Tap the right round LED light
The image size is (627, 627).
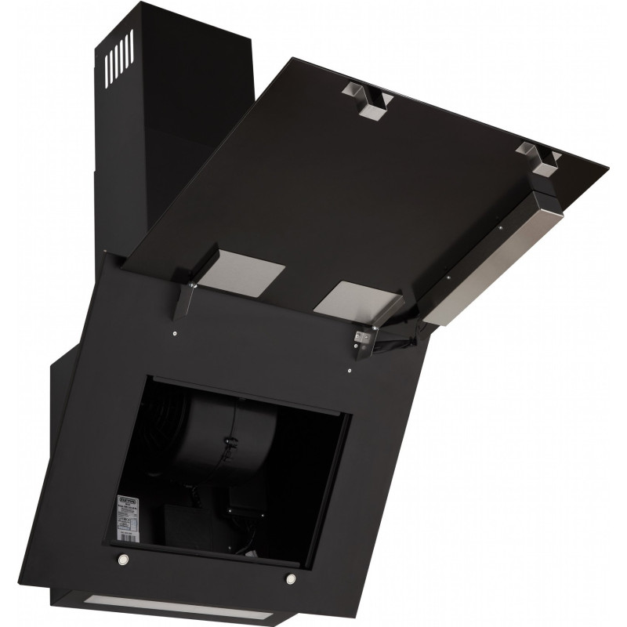coord(291,578)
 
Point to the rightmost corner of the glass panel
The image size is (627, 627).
coord(605,168)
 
